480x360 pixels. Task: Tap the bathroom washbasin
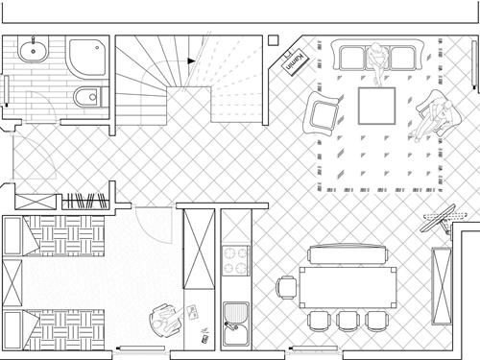tap(33, 50)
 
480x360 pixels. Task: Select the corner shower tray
tap(87, 58)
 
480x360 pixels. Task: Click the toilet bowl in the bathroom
tap(88, 96)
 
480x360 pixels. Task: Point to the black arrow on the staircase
tap(191, 60)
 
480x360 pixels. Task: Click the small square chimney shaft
tap(274, 40)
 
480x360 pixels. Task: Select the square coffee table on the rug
tap(376, 106)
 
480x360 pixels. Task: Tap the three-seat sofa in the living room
tap(376, 55)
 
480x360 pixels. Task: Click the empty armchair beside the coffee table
tap(323, 113)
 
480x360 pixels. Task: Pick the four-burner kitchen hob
tap(236, 260)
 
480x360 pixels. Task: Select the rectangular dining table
tap(348, 287)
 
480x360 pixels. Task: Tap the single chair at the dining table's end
tap(287, 287)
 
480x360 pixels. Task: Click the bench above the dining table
tap(348, 254)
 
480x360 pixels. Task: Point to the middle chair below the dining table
tap(348, 321)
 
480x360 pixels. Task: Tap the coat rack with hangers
tap(85, 201)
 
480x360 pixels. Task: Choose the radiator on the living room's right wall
tap(474, 63)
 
